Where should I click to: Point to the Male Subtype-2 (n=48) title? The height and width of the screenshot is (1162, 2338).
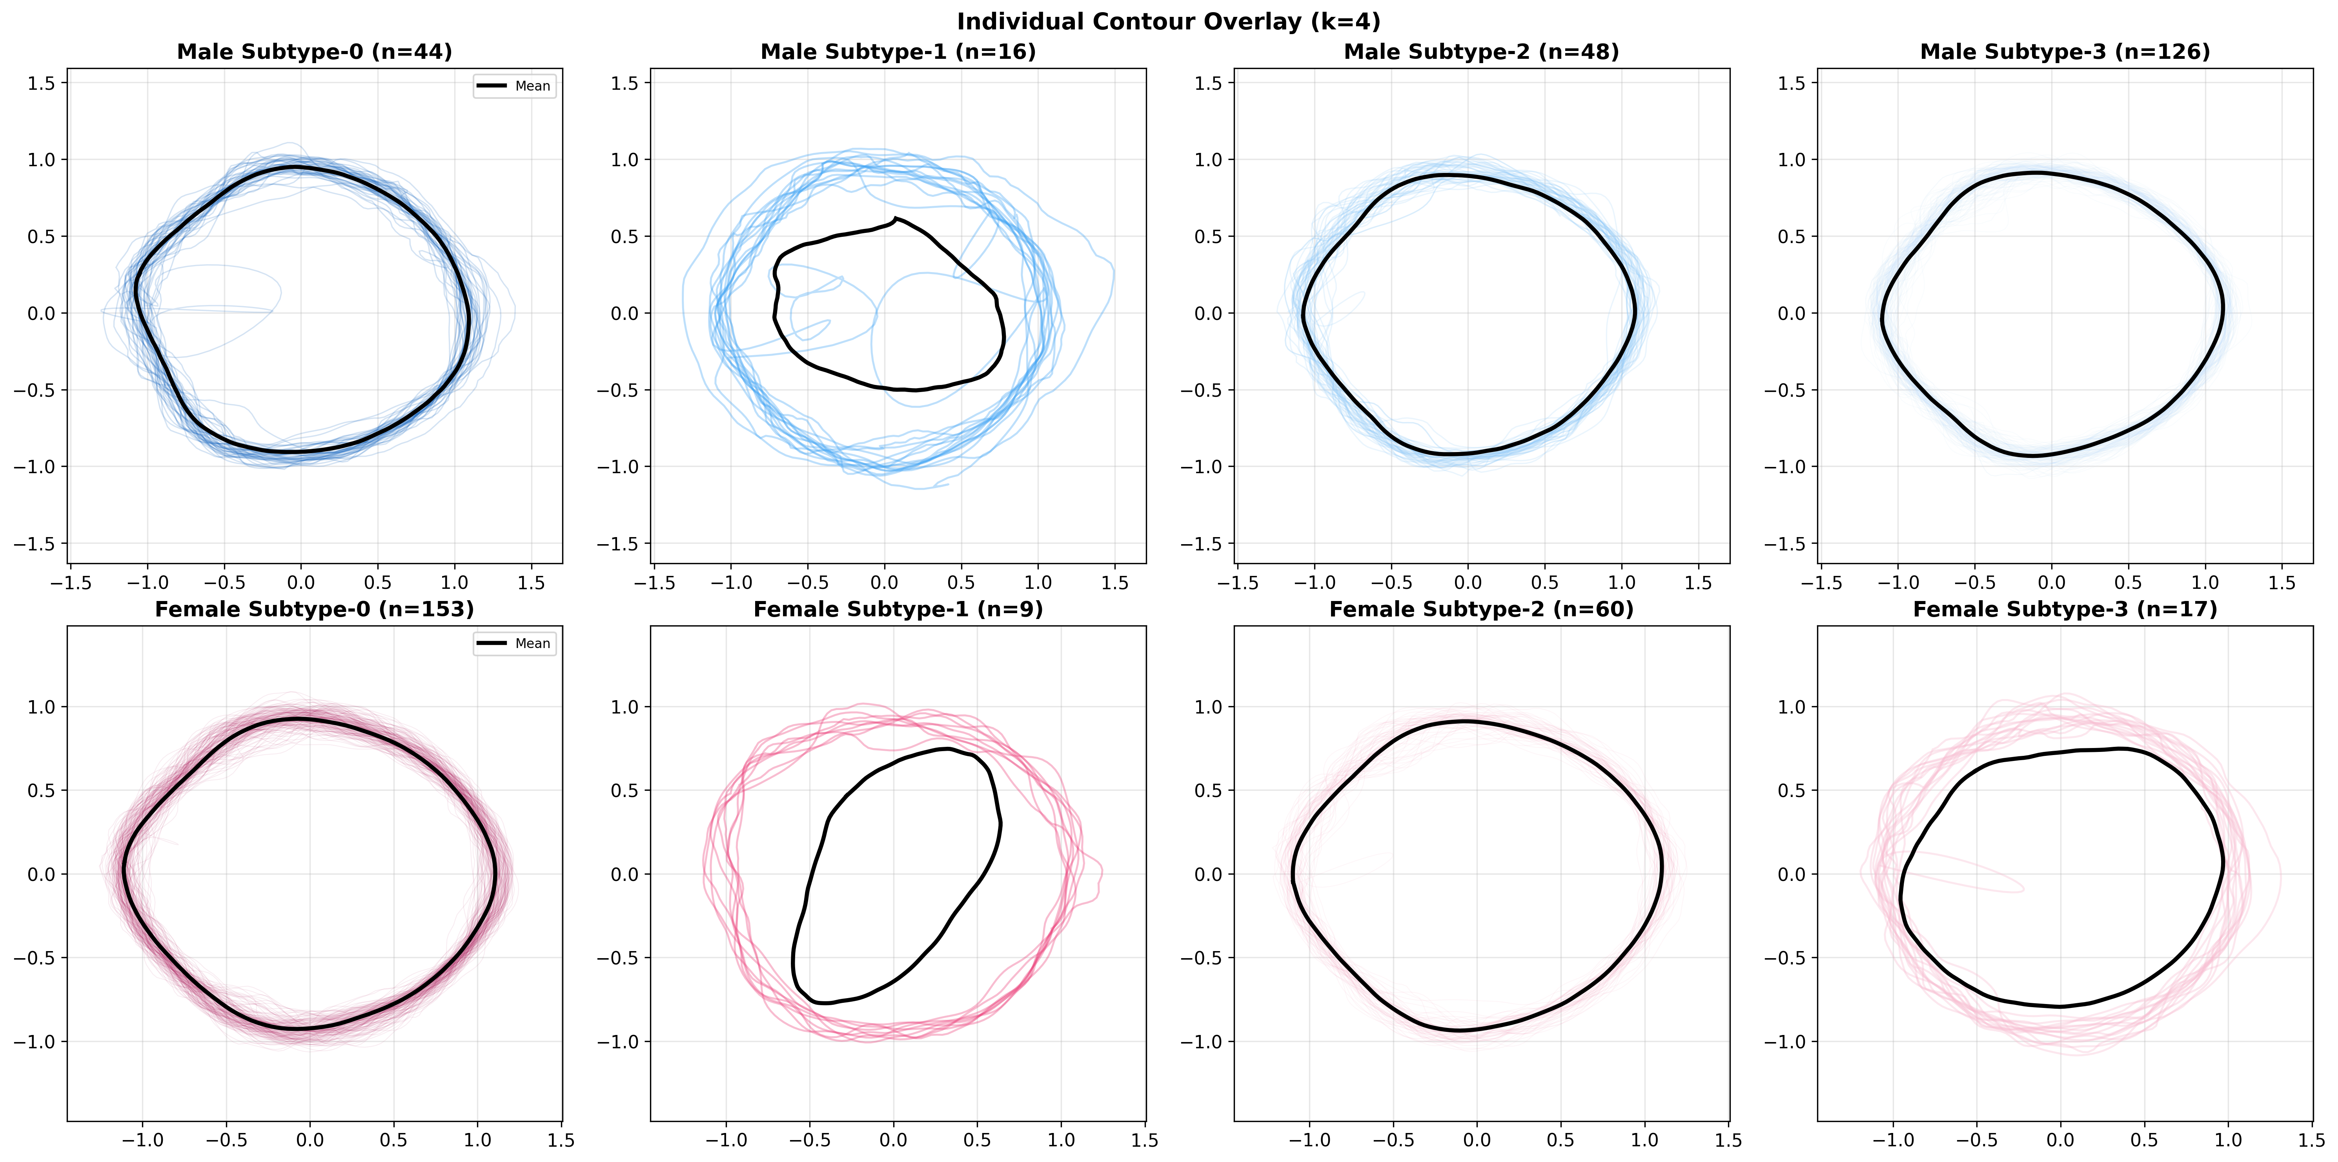[1481, 52]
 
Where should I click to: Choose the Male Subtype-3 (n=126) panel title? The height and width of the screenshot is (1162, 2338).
[2065, 52]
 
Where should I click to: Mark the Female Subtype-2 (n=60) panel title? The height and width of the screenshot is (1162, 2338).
[1481, 609]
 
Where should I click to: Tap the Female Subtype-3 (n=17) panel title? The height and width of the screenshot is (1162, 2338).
[2065, 609]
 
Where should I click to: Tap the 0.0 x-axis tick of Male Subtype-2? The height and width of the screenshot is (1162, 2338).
[1468, 582]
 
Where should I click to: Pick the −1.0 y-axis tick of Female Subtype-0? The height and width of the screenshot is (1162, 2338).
[35, 1041]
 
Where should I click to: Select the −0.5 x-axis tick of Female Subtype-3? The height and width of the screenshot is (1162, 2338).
[1976, 1139]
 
